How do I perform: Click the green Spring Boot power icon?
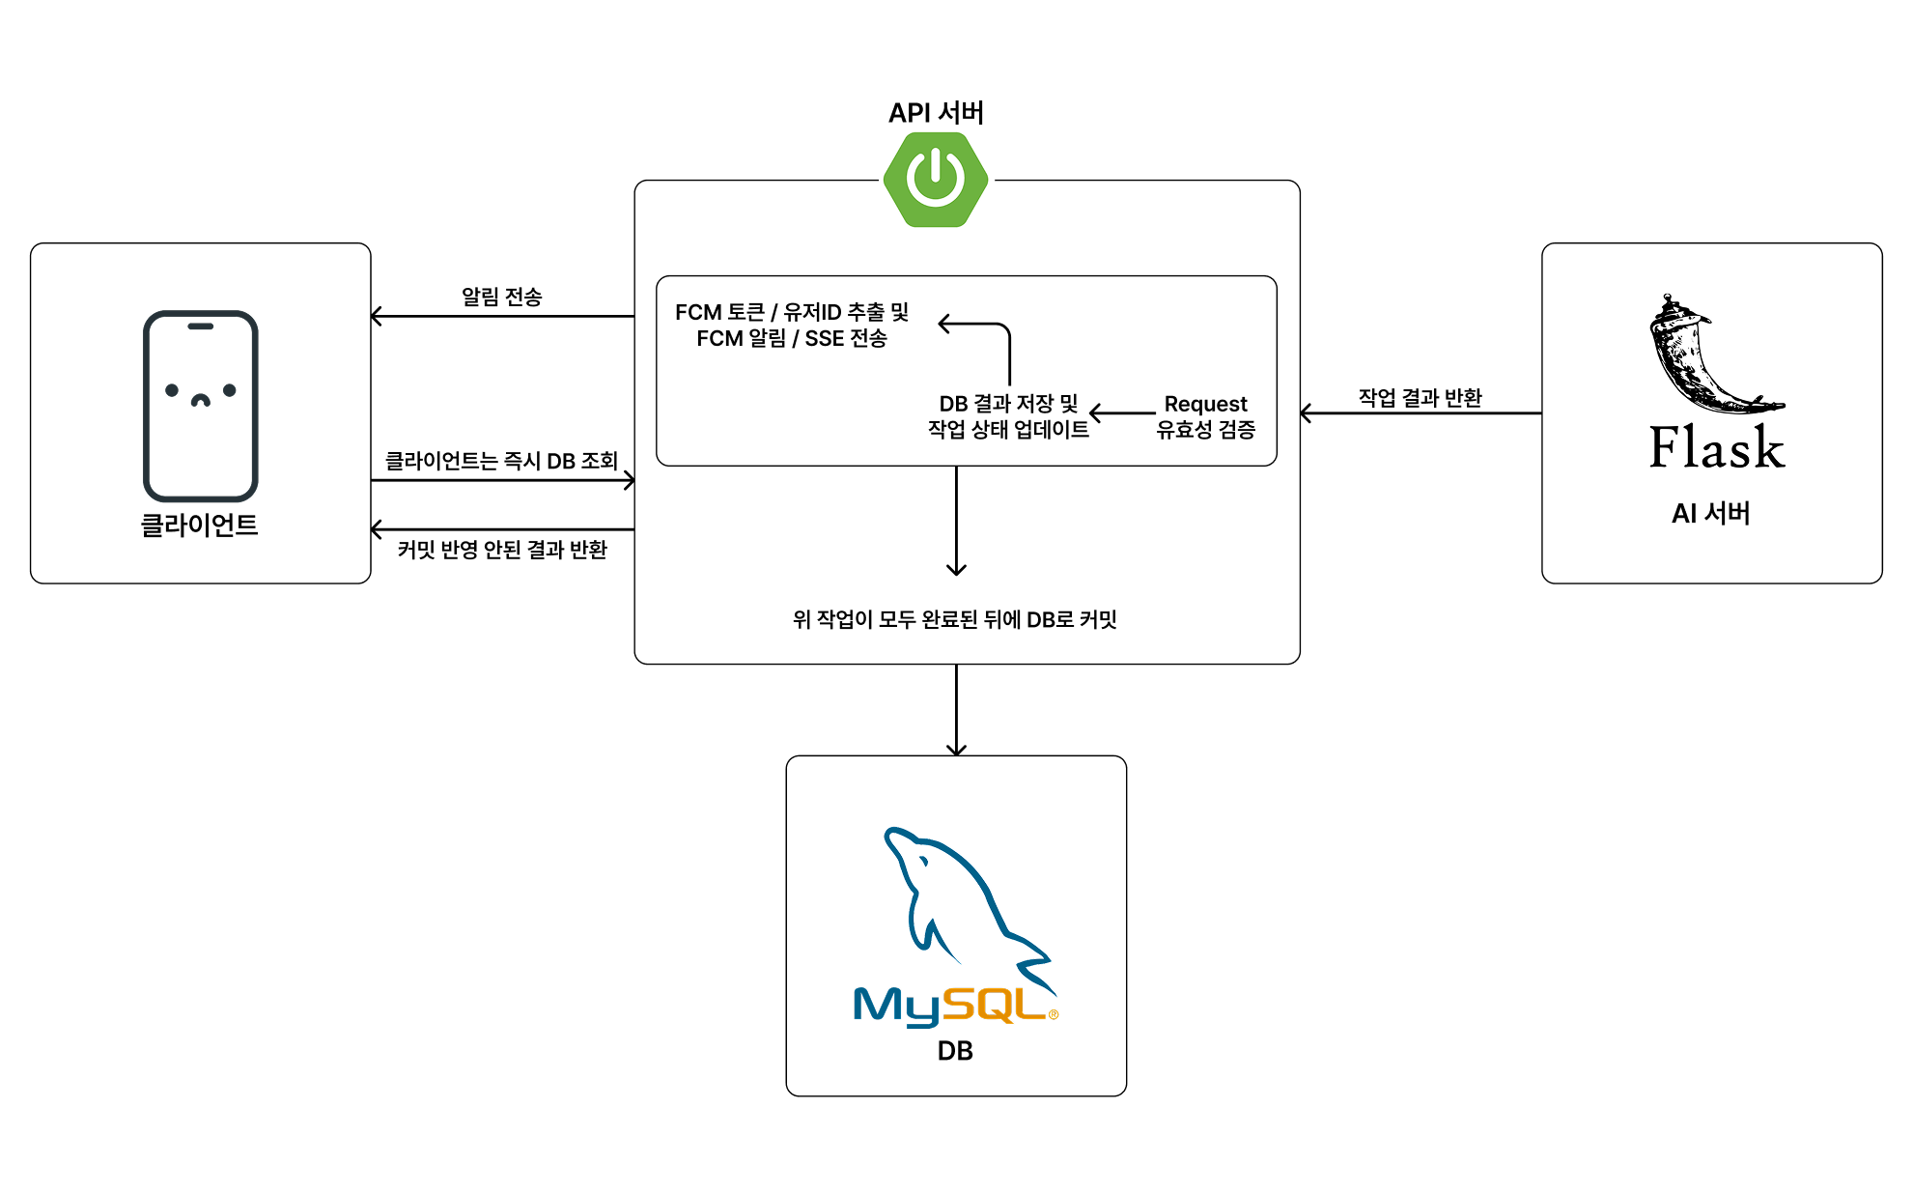click(x=936, y=180)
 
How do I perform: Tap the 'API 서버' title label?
click(x=936, y=113)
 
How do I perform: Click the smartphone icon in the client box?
click(x=201, y=405)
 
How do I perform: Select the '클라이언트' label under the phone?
click(x=200, y=525)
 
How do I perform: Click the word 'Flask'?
click(x=1716, y=447)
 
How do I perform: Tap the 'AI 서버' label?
click(x=1710, y=513)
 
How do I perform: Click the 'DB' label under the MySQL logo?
click(x=955, y=1051)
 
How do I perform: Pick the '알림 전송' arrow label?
click(x=501, y=297)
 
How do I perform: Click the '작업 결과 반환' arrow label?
click(x=1420, y=397)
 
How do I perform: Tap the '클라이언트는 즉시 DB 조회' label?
click(x=501, y=461)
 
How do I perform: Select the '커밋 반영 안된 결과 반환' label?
click(x=502, y=550)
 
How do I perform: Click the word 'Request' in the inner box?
click(x=1205, y=404)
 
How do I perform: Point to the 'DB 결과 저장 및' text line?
click(x=1008, y=404)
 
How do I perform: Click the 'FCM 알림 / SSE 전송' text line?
click(x=791, y=338)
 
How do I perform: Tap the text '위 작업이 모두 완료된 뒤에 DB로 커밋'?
click(x=954, y=619)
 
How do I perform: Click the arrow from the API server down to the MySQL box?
click(x=956, y=709)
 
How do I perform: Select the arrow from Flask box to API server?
click(x=1421, y=413)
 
